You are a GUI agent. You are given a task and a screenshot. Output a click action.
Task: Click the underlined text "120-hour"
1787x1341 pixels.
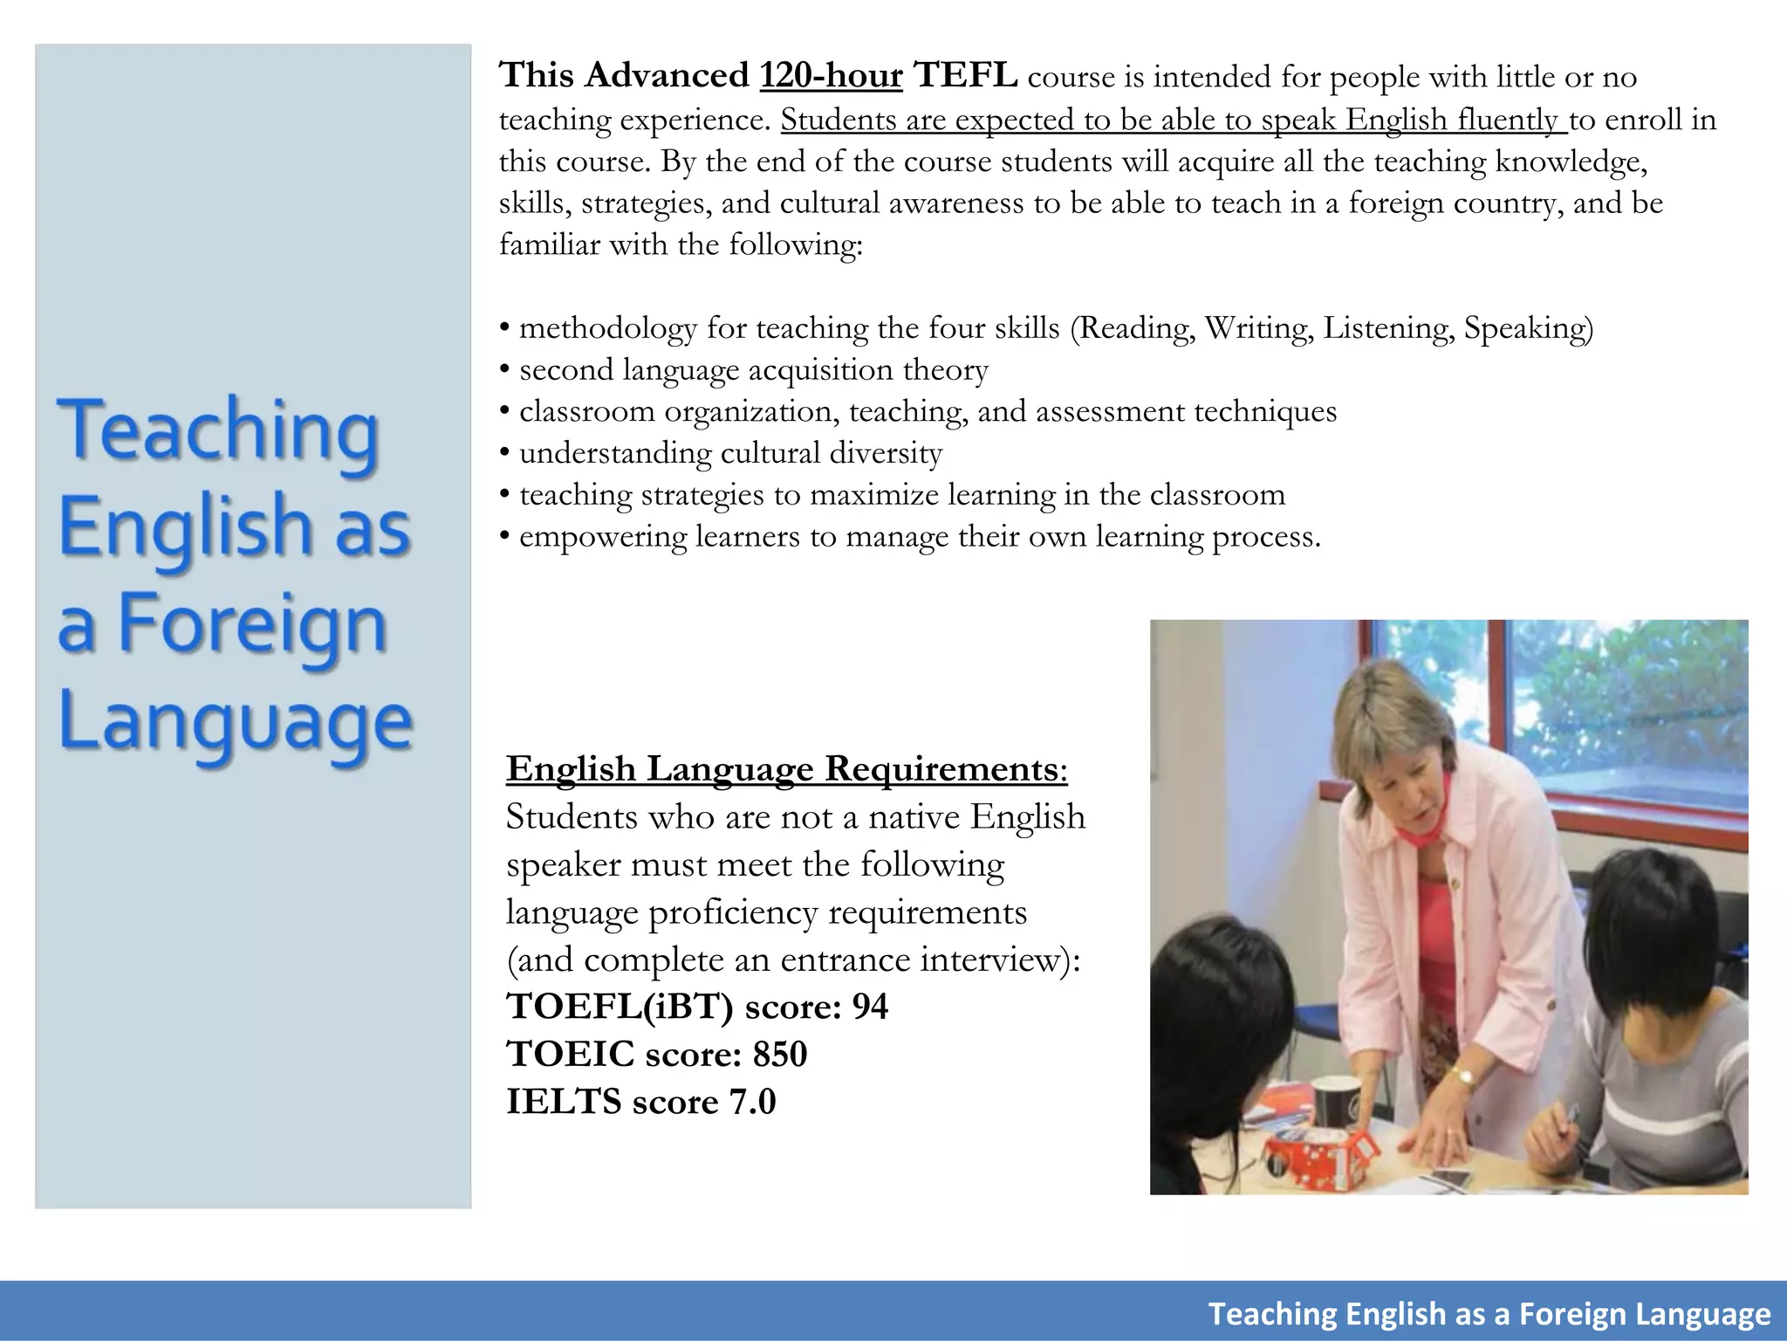[831, 76]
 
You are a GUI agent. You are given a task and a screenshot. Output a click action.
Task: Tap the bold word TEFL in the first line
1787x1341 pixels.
[965, 76]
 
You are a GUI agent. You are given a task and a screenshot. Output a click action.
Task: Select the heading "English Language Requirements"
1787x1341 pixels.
[783, 769]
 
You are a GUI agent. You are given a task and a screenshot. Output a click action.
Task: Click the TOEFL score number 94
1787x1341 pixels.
[870, 1007]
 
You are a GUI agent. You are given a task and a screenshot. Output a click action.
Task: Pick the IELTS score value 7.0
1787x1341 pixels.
[752, 1102]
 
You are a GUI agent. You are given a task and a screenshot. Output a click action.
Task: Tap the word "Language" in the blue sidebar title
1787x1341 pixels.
[236, 723]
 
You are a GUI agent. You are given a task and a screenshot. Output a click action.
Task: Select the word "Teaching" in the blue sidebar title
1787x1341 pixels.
[218, 431]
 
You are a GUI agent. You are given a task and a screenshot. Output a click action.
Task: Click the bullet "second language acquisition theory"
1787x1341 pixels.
[753, 370]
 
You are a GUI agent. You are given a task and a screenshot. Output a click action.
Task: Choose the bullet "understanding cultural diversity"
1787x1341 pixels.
[730, 453]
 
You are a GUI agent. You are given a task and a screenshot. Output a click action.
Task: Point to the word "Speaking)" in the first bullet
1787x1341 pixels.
[1528, 328]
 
